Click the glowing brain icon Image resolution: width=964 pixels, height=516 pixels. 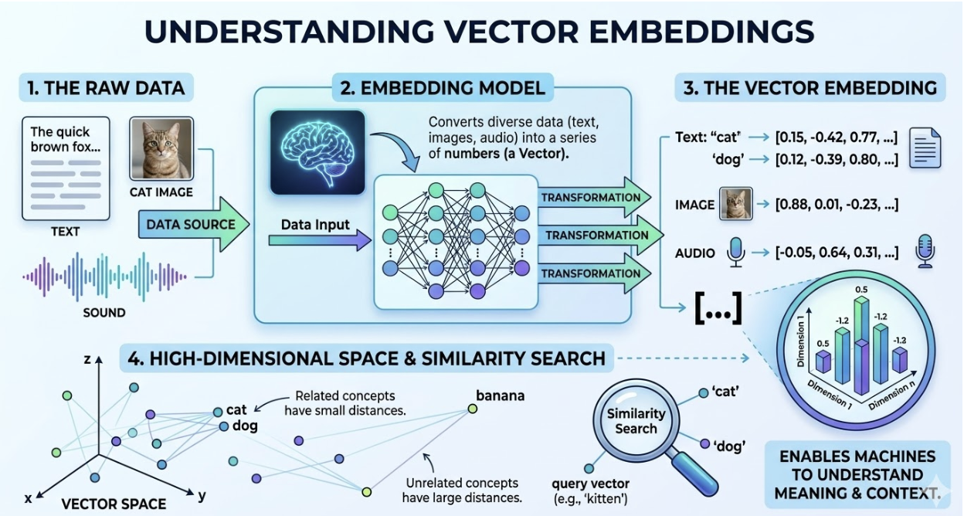tap(317, 152)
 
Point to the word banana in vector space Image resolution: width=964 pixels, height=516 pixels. tap(500, 396)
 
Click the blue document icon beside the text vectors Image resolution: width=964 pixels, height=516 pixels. tap(925, 148)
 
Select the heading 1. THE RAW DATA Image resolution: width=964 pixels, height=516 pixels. tap(106, 87)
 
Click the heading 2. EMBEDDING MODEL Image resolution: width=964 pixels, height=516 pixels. tap(443, 88)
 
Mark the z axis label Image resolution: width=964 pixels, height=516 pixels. tap(88, 359)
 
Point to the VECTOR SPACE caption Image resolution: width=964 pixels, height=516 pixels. tap(113, 504)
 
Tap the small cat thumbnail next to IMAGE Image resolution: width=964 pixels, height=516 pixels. tap(735, 204)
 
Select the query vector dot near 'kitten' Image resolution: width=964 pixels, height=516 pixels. tap(589, 468)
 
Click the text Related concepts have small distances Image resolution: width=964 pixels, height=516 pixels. tap(345, 403)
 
